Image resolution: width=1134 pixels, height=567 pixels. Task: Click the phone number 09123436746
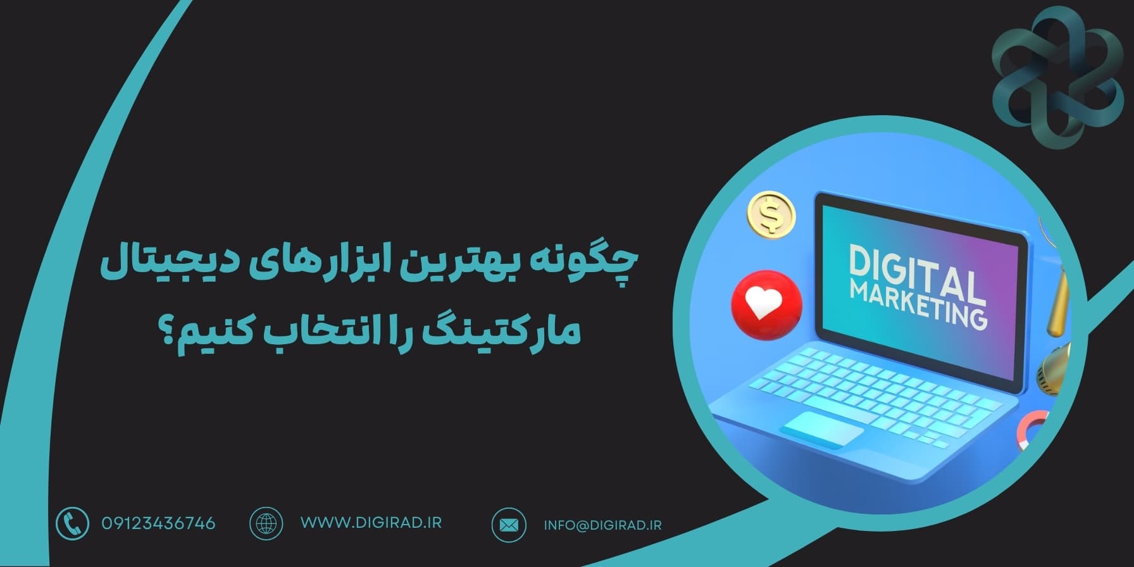coord(158,523)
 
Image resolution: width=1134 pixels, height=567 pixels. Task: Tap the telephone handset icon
coord(72,524)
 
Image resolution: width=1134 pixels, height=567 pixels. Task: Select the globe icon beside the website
coord(266,523)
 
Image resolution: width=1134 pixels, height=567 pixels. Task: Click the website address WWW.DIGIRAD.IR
coord(371,523)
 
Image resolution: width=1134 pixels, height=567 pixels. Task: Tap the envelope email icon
coord(509,525)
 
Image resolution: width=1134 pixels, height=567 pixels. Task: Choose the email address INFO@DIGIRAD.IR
coord(602,525)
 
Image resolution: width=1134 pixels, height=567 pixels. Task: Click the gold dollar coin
coord(771,215)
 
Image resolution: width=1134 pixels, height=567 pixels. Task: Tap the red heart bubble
coord(766,305)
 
